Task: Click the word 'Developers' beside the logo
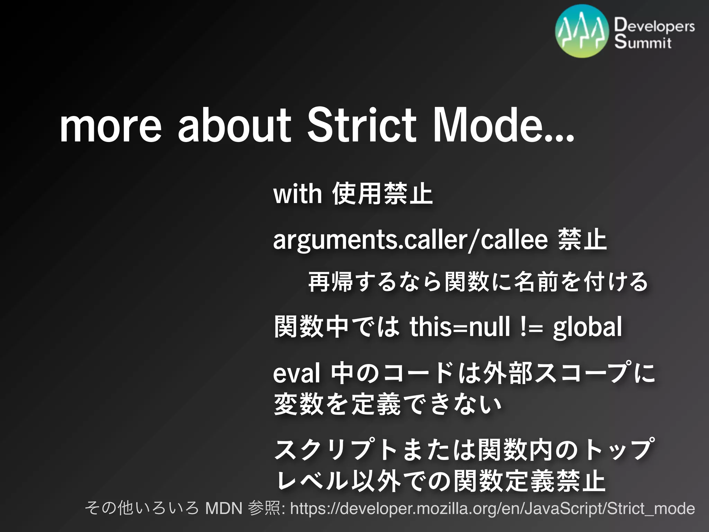click(654, 26)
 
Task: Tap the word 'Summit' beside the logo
click(643, 42)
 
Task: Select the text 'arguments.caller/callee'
click(410, 240)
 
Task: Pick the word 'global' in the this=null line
click(587, 327)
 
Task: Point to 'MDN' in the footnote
click(224, 508)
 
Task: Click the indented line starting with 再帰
click(478, 282)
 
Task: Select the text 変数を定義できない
click(388, 404)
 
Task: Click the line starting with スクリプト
click(464, 450)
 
